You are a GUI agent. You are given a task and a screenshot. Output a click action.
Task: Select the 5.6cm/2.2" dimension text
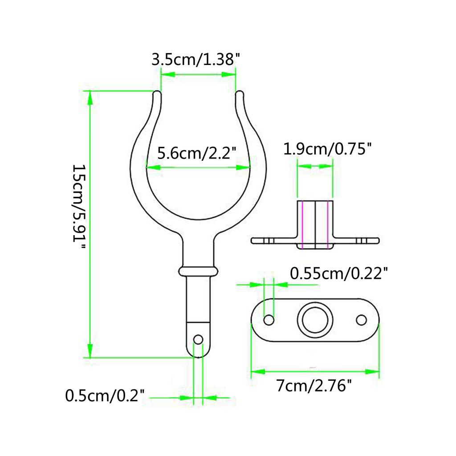(x=196, y=154)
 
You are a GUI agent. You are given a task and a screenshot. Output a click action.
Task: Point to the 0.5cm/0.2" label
(x=105, y=395)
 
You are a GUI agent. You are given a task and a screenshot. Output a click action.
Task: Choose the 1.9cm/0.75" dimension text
(x=327, y=149)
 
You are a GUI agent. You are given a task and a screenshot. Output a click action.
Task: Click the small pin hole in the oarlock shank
(x=199, y=339)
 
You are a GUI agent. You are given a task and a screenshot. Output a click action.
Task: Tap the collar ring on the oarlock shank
(x=199, y=271)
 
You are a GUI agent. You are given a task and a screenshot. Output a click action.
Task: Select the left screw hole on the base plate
(x=269, y=319)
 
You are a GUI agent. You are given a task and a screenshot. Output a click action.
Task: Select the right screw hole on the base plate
(x=362, y=319)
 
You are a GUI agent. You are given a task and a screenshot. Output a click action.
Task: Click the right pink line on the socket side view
(x=329, y=225)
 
